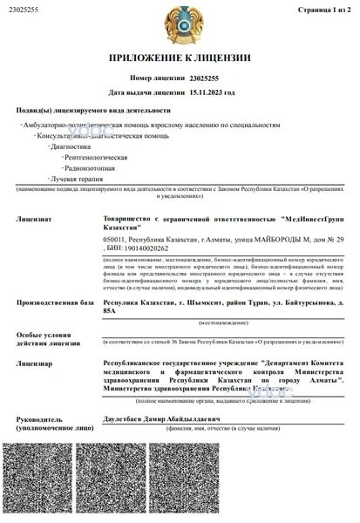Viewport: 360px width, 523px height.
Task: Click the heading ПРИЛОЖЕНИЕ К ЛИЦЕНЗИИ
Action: pyautogui.click(x=180, y=58)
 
